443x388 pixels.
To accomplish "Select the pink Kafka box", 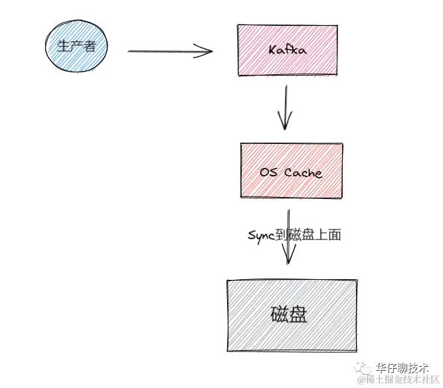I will [286, 50].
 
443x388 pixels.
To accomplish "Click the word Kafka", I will [286, 50].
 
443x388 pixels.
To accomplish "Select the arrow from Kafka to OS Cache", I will [284, 106].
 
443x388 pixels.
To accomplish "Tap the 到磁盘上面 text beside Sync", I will [308, 235].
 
